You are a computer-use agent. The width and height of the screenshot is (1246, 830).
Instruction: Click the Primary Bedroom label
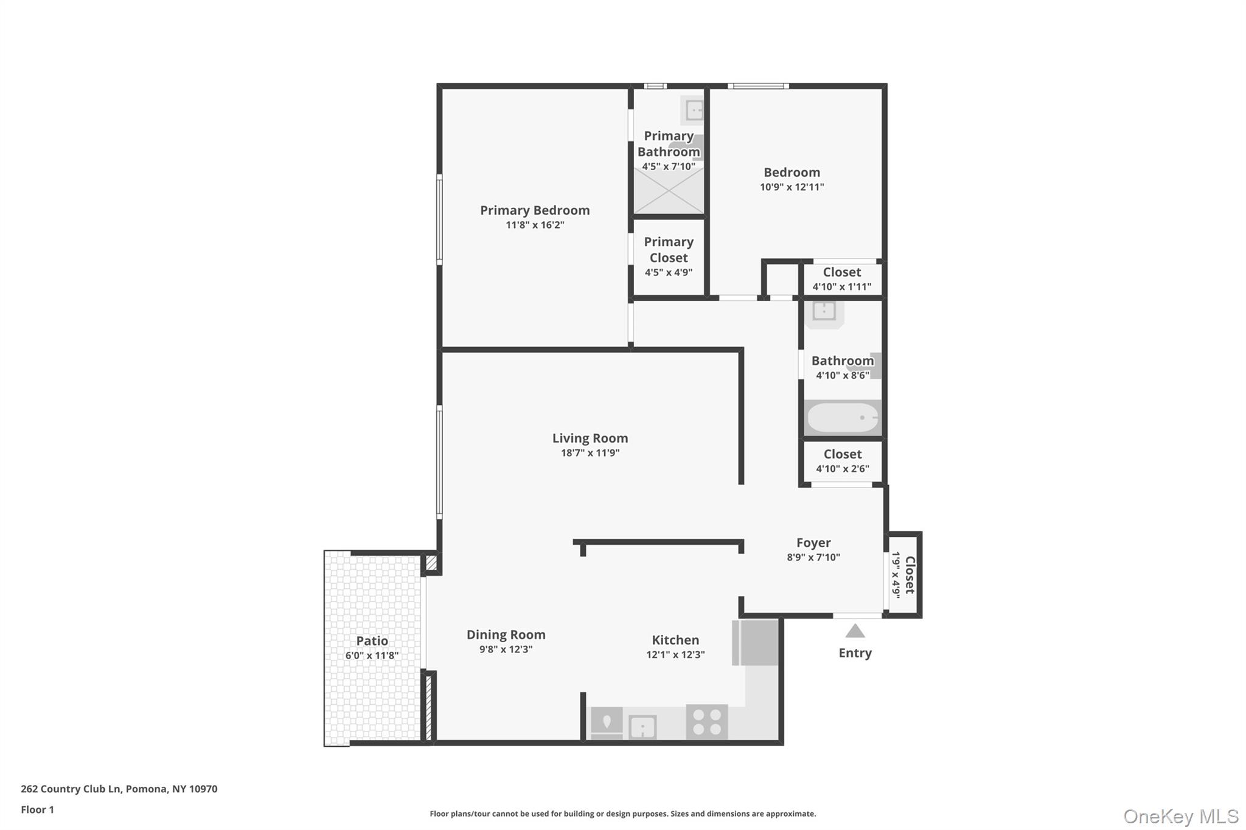[535, 210]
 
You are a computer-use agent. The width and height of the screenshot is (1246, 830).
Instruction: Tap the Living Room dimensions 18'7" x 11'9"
[590, 453]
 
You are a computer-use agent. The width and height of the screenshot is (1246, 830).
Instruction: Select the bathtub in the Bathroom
[843, 418]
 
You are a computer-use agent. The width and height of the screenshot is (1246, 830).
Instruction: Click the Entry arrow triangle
[855, 632]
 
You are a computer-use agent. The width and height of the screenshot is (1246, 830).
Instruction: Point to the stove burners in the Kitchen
[707, 722]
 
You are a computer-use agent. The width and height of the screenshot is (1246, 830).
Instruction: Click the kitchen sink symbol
[642, 727]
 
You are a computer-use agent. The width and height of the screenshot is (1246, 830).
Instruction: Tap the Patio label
[372, 641]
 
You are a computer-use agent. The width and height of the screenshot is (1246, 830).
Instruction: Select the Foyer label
[813, 543]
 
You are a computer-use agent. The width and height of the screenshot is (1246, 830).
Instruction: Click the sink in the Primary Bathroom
[694, 111]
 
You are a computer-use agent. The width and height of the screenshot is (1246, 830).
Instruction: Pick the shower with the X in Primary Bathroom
[669, 191]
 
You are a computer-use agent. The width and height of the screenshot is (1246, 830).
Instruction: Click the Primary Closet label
[669, 250]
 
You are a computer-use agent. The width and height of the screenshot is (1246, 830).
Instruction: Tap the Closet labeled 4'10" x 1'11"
[842, 279]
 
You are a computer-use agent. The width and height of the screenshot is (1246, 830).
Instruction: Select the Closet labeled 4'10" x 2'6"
[843, 461]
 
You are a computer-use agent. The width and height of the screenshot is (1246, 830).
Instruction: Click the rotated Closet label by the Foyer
[910, 575]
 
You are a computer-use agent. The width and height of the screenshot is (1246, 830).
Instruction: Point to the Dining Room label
[506, 635]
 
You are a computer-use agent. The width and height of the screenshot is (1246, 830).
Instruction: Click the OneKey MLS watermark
[1180, 816]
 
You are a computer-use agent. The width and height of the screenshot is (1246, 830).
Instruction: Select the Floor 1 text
[37, 810]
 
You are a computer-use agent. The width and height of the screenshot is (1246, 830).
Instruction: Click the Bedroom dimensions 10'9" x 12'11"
[792, 187]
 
